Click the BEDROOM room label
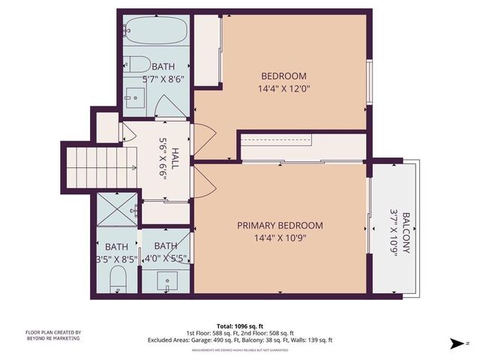283,76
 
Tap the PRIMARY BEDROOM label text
280,226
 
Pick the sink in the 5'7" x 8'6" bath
136,95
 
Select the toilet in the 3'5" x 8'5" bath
117,280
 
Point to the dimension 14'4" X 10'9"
280,239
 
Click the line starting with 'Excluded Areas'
240,340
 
